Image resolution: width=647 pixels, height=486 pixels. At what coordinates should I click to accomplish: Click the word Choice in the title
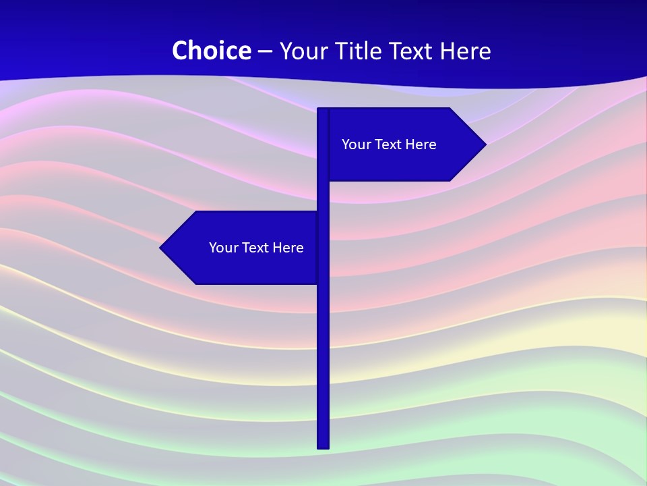(x=212, y=51)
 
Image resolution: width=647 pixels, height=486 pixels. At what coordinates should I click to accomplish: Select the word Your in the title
(x=302, y=51)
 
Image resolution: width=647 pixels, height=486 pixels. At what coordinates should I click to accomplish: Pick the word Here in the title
(x=466, y=51)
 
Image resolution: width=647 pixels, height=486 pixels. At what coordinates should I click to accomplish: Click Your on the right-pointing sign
(x=355, y=144)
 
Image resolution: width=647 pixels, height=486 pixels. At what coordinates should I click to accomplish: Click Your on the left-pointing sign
(x=222, y=248)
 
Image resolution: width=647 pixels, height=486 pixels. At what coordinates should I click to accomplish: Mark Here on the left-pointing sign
(x=288, y=248)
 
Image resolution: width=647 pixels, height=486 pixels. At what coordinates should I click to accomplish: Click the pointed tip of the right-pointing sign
(x=484, y=144)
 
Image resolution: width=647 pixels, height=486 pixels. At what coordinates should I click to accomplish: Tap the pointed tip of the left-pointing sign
(x=162, y=248)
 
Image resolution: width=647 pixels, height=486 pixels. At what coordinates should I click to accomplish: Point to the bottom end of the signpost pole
(x=323, y=446)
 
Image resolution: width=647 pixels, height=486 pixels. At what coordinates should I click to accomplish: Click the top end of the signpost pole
(x=323, y=110)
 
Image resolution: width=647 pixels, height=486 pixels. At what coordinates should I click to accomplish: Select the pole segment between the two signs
(x=323, y=196)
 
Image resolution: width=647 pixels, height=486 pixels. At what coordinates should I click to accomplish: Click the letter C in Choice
(x=180, y=51)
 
